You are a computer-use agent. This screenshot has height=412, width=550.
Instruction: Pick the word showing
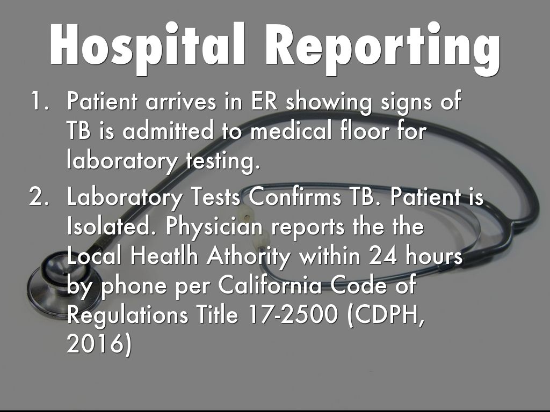pos(329,102)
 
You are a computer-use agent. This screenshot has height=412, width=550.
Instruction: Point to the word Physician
pos(214,228)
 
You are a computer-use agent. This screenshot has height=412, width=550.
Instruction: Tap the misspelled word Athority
pos(249,257)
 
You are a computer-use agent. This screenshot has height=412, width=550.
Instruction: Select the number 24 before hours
pos(383,256)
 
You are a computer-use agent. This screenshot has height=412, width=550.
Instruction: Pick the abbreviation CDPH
pos(386,315)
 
